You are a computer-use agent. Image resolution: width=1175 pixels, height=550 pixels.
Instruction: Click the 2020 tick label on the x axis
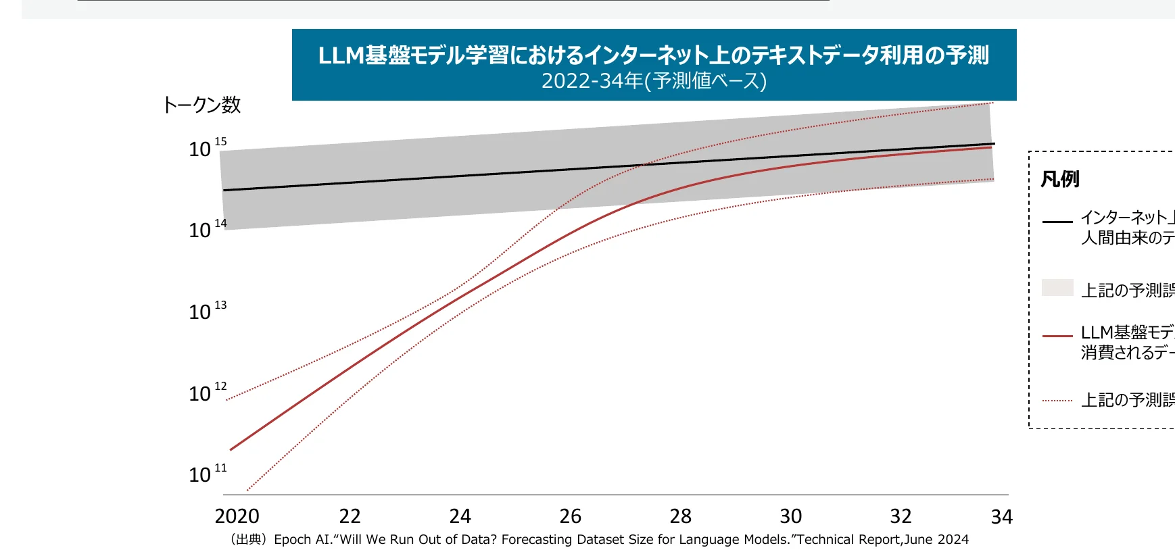[x=237, y=516]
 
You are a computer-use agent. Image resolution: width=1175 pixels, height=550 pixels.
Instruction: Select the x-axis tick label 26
[x=570, y=516]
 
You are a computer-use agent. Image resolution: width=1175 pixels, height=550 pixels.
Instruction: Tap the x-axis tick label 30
[x=790, y=516]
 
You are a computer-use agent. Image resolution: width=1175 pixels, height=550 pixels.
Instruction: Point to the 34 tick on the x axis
[x=1001, y=517]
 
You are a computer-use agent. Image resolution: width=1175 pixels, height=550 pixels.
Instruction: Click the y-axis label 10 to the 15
[x=207, y=148]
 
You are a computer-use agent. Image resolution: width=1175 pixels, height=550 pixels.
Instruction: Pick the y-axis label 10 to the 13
[x=207, y=311]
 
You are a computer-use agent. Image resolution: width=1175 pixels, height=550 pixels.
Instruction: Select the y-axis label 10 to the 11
[x=207, y=474]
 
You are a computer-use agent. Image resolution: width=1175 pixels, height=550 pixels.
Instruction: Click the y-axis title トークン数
[x=201, y=105]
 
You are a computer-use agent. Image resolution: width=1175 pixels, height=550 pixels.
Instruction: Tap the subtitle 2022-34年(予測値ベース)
[x=654, y=81]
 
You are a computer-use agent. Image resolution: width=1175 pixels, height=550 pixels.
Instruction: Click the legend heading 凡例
[x=1060, y=179]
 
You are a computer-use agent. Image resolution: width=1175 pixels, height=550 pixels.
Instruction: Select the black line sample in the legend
[x=1057, y=221]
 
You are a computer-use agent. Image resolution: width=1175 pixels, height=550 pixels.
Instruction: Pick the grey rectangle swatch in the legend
[x=1057, y=287]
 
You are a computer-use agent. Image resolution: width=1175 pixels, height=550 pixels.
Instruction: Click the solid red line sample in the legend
[x=1057, y=335]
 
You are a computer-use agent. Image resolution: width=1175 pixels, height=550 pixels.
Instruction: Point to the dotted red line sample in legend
[x=1057, y=401]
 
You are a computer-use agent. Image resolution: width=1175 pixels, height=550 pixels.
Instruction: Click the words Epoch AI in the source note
[x=302, y=539]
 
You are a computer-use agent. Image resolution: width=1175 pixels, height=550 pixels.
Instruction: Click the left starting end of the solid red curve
[x=231, y=449]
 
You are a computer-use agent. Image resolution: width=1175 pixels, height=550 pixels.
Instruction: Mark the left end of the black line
[x=224, y=190]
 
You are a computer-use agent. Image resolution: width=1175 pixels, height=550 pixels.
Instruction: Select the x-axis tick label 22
[x=350, y=516]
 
